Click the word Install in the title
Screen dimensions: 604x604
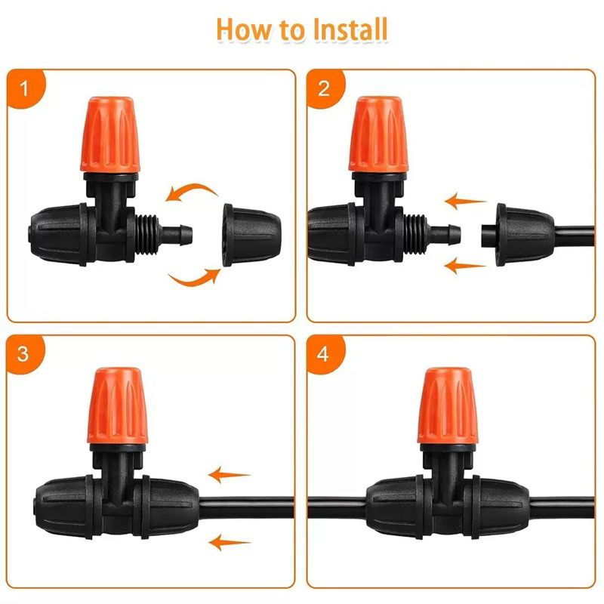coord(350,29)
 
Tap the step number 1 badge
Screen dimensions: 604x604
coord(25,88)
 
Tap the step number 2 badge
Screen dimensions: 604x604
coord(325,88)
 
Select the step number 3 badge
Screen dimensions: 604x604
coord(24,354)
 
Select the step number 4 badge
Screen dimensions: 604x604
coord(324,354)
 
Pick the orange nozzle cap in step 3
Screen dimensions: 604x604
coord(118,405)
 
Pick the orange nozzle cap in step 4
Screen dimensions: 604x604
coord(448,405)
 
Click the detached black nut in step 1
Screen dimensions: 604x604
coord(251,235)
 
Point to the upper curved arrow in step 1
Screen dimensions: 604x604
coord(192,190)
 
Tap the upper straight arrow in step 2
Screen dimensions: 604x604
coord(465,201)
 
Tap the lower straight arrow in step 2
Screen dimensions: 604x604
coord(465,266)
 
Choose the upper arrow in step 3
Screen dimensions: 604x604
coord(230,475)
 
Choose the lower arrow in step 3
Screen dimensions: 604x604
coord(230,542)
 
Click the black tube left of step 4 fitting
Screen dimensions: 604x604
coord(337,507)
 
